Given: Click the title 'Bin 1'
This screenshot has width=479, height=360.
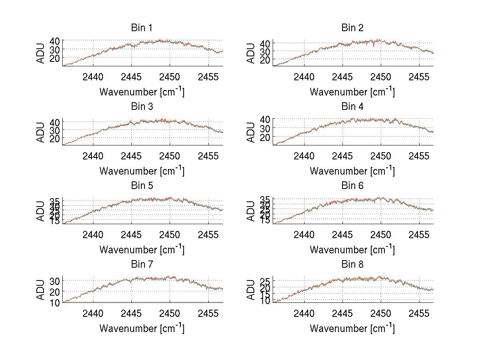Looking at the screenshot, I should coord(142,28).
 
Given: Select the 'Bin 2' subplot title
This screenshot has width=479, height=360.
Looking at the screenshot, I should coord(352,28).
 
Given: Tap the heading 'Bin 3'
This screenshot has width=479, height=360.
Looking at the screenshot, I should coord(142,107).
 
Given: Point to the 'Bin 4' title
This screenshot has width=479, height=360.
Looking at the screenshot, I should coord(352,107).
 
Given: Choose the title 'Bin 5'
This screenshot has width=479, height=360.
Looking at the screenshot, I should coord(142,186).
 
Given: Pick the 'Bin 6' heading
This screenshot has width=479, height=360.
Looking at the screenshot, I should coord(352,186).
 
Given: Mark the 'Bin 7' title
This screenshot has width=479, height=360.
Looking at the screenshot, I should coord(142,265).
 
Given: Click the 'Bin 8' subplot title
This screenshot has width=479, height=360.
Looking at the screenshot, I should coord(352,265).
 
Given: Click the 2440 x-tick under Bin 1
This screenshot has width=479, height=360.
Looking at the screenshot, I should coord(93,77).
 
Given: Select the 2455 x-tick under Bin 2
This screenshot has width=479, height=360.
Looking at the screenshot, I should coord(419,77).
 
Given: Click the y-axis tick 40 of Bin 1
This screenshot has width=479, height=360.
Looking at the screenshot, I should coord(55,41).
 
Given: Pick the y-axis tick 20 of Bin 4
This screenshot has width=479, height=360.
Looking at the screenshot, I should coord(265,137).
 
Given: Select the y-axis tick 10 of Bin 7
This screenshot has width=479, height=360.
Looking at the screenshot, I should coord(55,302).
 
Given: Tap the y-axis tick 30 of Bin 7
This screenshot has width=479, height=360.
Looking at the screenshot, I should coord(55,281).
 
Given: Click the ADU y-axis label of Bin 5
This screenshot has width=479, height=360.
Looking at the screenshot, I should coord(41,211).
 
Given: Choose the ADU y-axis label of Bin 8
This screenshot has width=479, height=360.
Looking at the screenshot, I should coord(251,290).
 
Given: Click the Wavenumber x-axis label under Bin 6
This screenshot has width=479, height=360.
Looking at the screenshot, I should coord(352,250).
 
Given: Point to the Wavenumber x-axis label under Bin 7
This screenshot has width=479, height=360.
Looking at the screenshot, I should coord(142,328).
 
